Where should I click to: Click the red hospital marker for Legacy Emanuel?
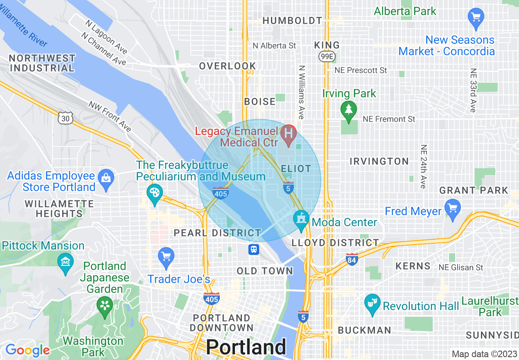(x=289, y=134)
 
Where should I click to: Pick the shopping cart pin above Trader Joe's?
(x=166, y=257)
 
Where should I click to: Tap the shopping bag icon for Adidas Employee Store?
(x=106, y=179)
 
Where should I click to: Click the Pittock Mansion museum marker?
(x=65, y=261)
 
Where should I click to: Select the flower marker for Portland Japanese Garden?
(x=105, y=305)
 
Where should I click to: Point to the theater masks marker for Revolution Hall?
(x=372, y=304)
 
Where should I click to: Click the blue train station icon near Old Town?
(x=254, y=249)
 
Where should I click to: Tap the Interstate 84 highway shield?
(x=352, y=259)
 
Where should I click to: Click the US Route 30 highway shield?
(x=65, y=119)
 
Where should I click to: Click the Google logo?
(x=27, y=350)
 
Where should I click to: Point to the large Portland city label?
(x=246, y=347)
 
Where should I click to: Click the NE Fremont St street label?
(x=389, y=119)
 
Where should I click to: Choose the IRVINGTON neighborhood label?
(x=379, y=161)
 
